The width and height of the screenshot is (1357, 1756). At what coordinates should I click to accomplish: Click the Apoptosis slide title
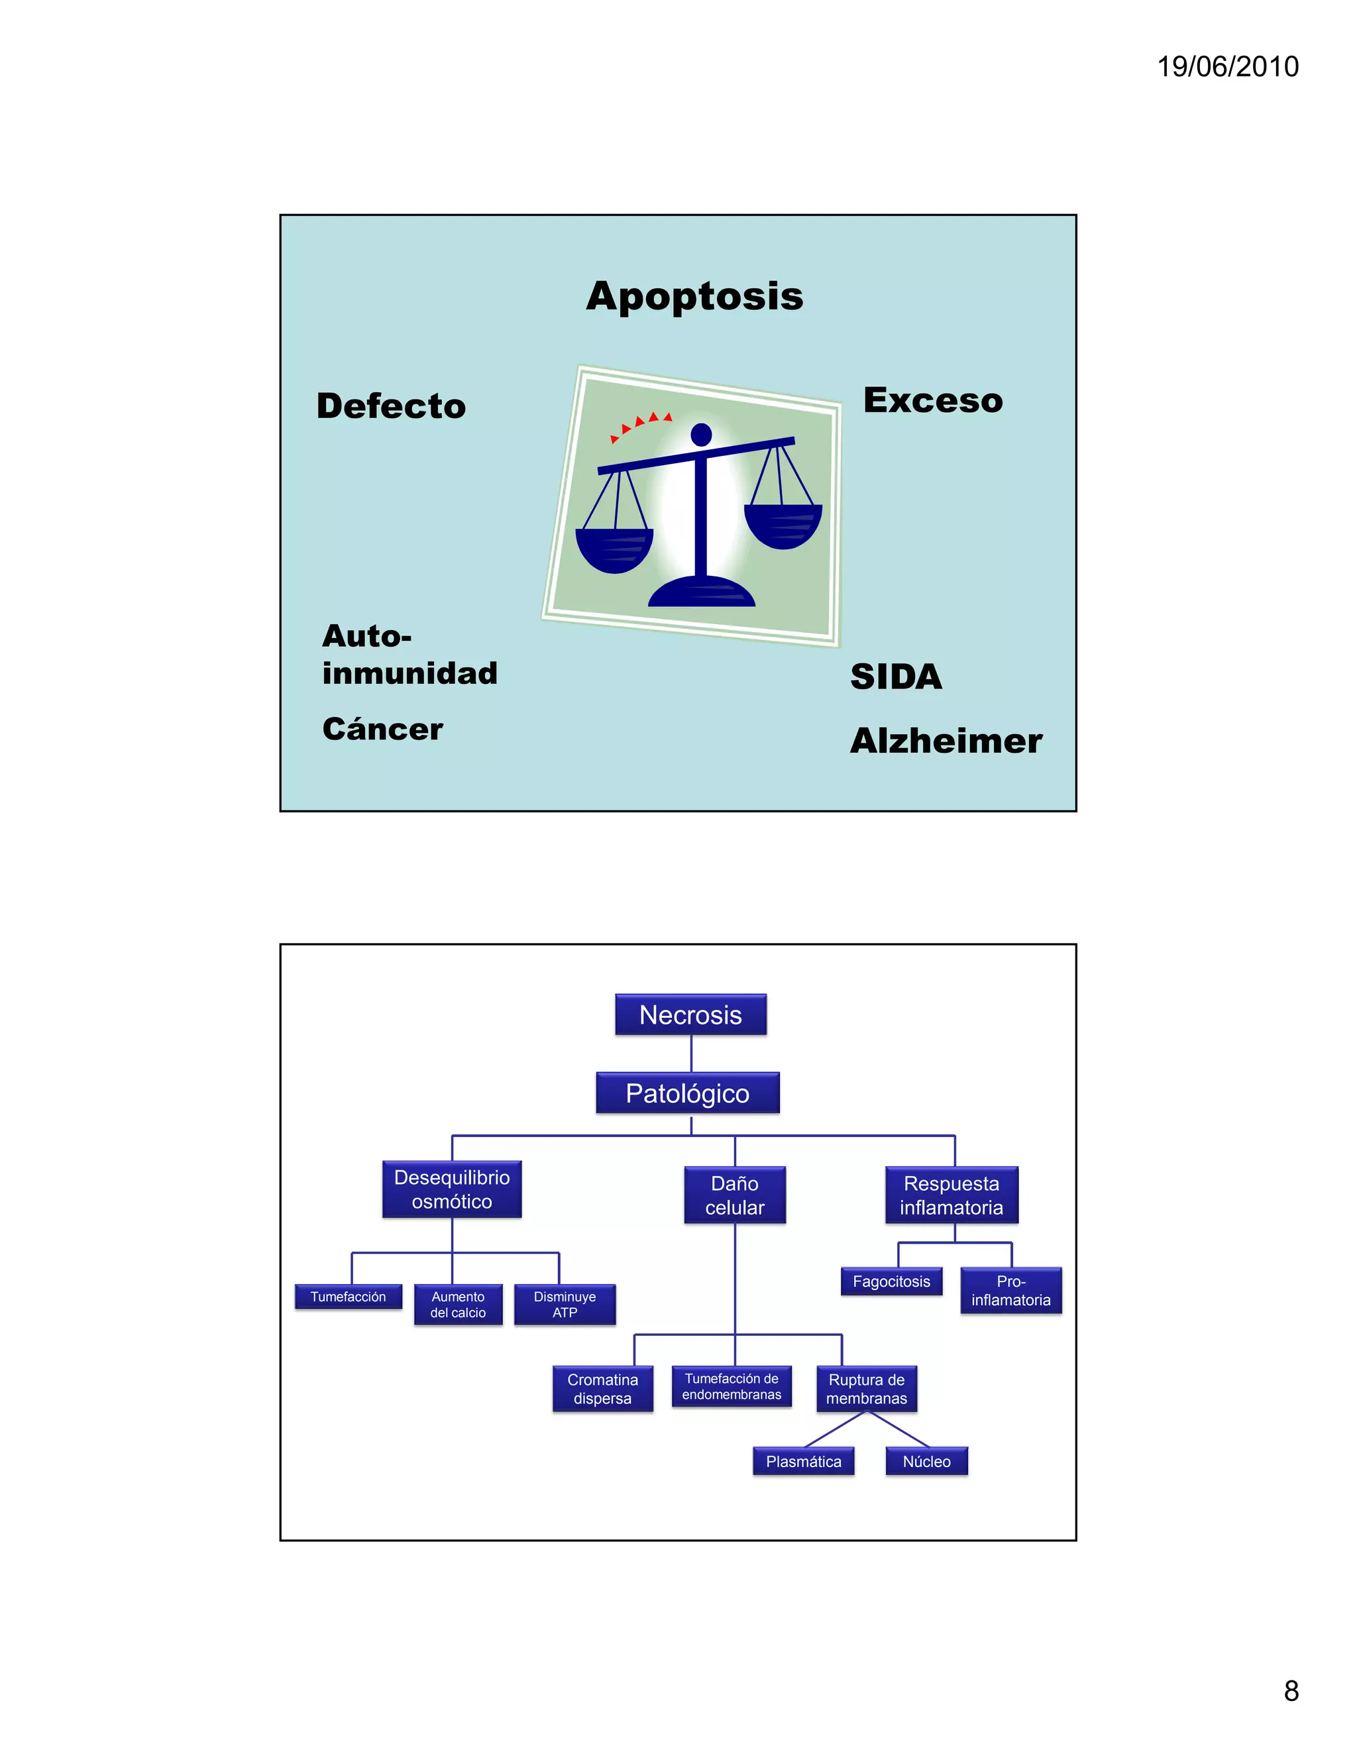coord(694,296)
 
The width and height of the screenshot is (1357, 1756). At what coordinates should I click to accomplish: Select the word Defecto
coord(392,406)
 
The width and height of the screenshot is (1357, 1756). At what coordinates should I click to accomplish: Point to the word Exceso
coord(932,400)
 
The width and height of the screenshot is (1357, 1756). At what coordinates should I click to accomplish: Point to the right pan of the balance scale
coord(783,527)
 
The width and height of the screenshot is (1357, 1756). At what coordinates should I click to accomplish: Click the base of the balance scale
coord(702,592)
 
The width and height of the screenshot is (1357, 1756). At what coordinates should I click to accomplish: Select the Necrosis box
coord(690,1015)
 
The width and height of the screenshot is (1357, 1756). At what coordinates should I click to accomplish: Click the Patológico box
coord(687,1093)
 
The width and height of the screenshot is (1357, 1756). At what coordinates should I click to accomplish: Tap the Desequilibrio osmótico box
coord(452,1189)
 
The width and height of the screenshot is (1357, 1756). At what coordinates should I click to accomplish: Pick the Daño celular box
coord(735,1195)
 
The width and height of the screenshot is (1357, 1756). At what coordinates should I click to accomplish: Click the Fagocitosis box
coord(892,1282)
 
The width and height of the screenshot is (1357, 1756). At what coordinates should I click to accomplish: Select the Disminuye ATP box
coord(565,1304)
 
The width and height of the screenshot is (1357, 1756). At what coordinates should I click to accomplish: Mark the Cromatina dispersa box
coord(602,1388)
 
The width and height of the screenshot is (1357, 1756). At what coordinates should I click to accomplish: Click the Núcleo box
coord(926,1462)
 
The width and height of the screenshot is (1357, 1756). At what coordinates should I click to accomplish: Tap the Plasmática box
coord(803,1462)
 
